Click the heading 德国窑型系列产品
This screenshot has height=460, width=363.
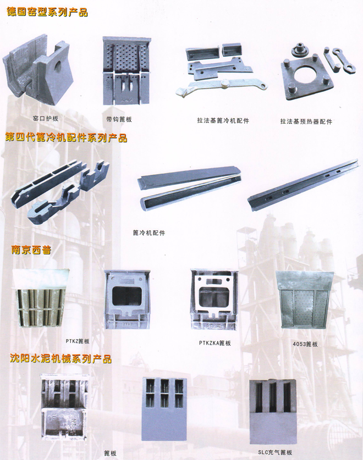(47, 12)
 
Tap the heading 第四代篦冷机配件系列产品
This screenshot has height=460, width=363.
(66, 138)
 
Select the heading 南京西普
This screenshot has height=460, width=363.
(31, 250)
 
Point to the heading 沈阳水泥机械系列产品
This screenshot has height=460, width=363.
(61, 359)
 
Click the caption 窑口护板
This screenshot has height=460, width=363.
(45, 118)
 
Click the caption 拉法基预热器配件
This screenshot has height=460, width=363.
(306, 121)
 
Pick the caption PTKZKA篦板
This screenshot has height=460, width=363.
(215, 343)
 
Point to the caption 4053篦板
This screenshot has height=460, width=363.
(306, 344)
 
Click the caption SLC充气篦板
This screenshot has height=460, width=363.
(276, 453)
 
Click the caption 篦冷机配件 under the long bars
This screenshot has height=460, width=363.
(149, 232)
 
